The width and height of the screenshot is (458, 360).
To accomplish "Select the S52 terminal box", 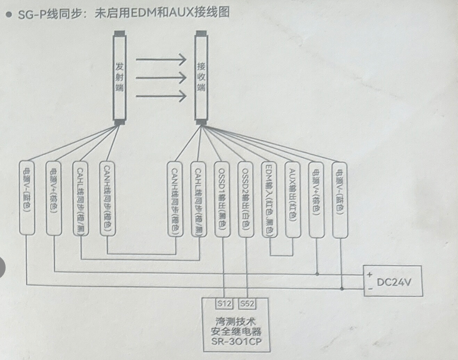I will [x=247, y=304].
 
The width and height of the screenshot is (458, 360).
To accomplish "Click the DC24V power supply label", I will [x=396, y=282].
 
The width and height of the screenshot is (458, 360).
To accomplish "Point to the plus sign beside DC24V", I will [x=370, y=274].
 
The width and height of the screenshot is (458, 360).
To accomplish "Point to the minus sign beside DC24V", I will [x=370, y=289].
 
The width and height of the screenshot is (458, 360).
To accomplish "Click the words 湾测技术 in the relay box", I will [x=236, y=320].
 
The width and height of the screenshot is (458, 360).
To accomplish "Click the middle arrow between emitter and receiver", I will [x=161, y=78].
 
